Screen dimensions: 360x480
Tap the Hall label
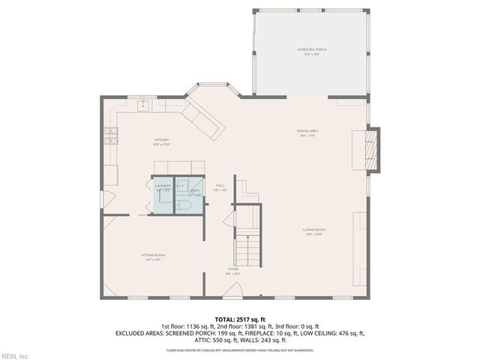click(220, 187)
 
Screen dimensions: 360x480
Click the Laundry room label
click(163, 187)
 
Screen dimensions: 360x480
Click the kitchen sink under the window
click(142, 106)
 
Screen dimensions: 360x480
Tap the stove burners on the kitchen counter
click(111, 136)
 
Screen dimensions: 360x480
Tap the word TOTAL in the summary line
click(225, 319)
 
